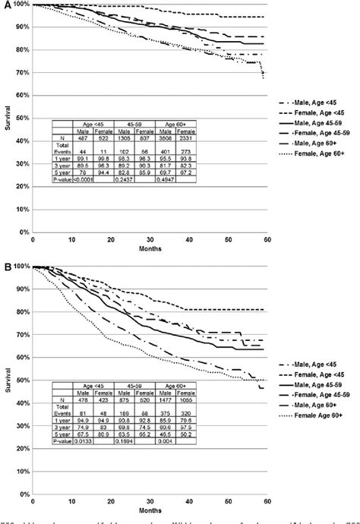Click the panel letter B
tap(6, 267)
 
